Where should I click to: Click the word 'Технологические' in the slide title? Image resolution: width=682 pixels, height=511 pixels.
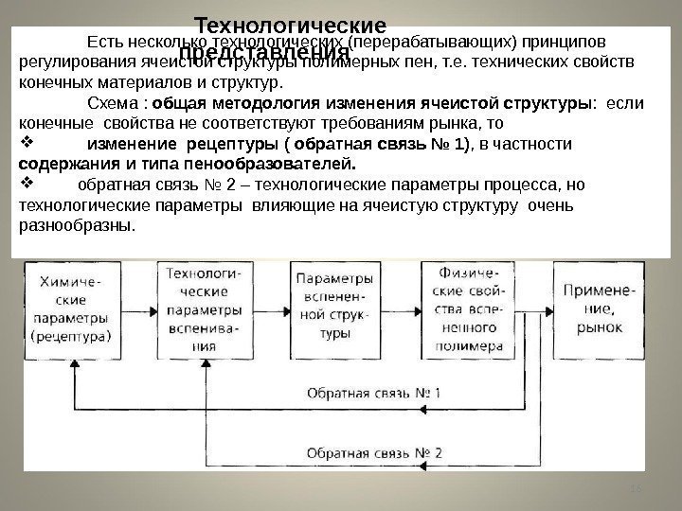tap(291, 23)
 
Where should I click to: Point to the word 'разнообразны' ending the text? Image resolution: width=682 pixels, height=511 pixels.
tap(77, 226)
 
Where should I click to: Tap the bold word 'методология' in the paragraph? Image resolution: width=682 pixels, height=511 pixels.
tap(273, 103)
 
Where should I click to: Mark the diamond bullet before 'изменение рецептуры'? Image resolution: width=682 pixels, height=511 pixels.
tap(27, 144)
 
